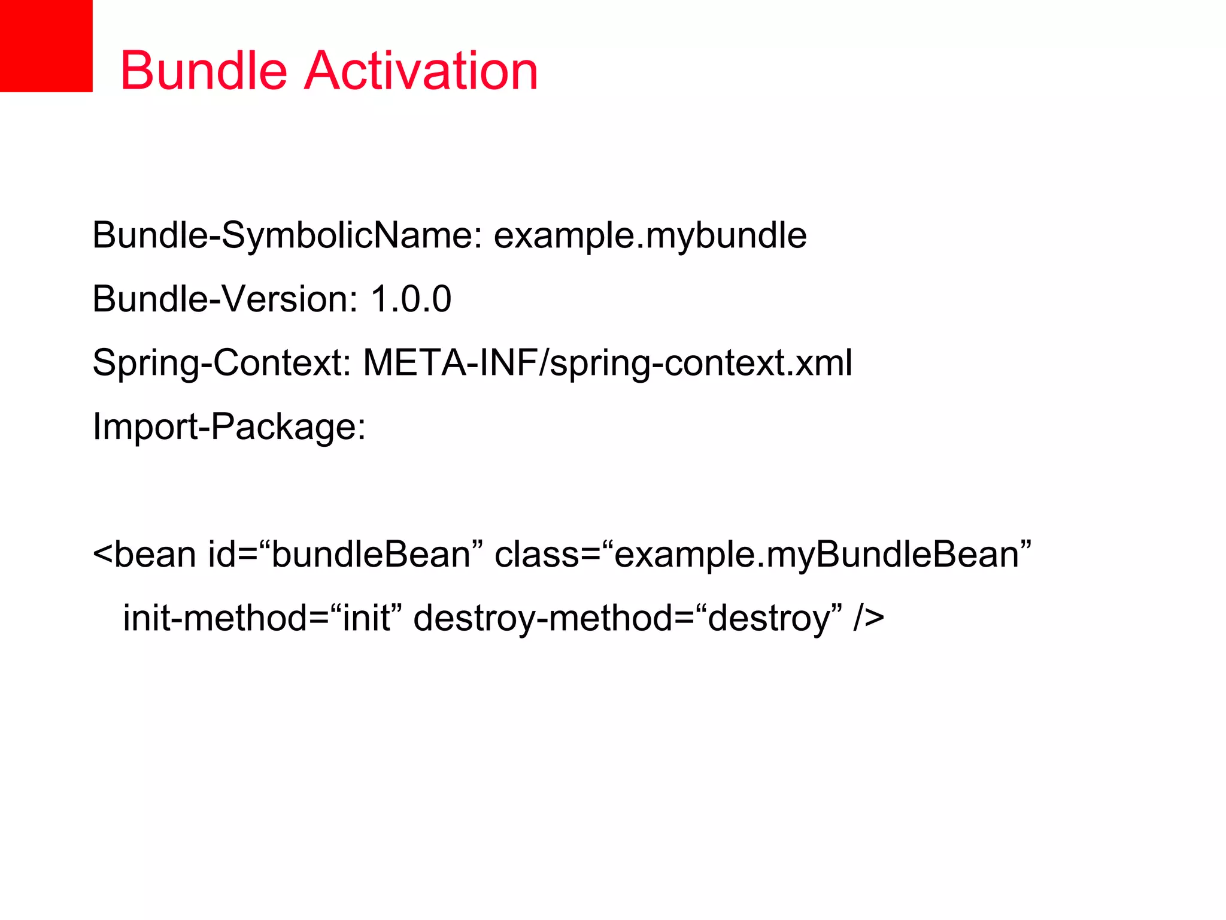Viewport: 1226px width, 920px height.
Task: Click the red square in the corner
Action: point(46,46)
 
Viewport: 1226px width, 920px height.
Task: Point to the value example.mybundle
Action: point(650,235)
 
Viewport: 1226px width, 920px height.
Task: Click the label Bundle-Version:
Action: point(225,299)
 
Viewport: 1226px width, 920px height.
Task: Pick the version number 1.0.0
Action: point(411,299)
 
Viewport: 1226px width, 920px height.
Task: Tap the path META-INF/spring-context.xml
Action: point(608,363)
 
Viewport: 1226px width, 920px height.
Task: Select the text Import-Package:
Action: point(229,427)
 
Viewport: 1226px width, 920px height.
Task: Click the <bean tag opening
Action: point(144,555)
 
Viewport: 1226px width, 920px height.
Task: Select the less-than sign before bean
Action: point(102,555)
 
